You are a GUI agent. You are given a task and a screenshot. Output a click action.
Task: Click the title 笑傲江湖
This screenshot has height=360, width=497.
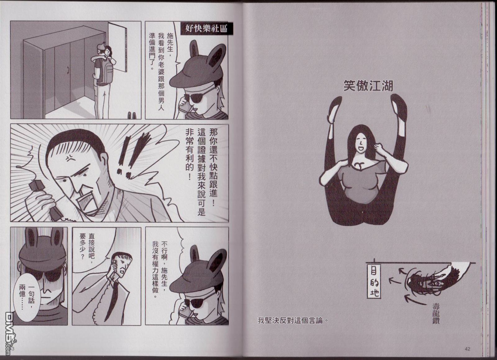tap(368, 86)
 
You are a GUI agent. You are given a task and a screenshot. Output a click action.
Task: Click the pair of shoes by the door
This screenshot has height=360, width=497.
tap(132, 115)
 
